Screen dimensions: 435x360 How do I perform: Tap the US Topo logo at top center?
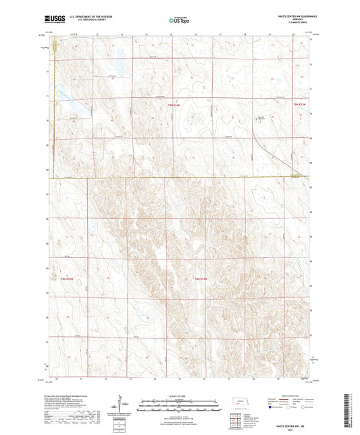180,21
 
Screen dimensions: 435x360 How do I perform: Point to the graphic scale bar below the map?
180,403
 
